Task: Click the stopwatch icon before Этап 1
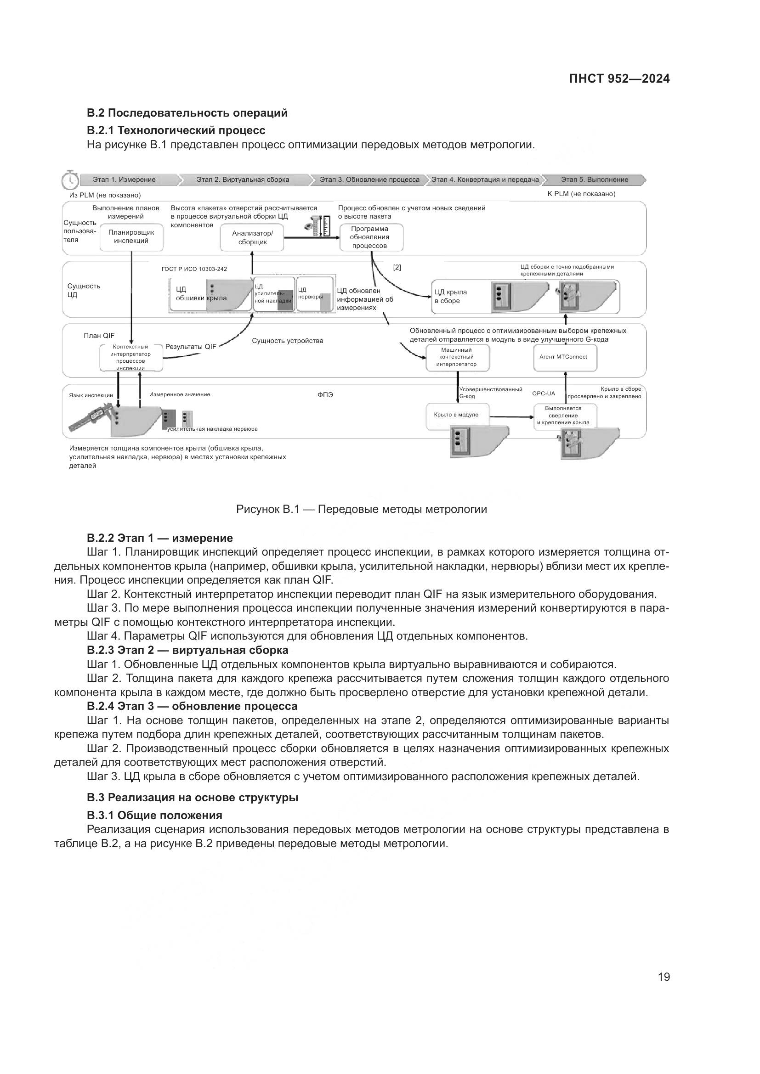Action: pos(70,179)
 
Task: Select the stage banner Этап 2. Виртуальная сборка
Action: pos(243,180)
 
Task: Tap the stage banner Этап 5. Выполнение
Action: pos(594,180)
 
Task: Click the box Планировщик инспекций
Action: pos(131,236)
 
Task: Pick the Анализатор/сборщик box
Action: pos(252,238)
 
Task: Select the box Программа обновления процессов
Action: pos(371,237)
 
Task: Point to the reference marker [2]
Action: pos(397,268)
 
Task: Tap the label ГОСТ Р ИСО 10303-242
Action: pos(194,269)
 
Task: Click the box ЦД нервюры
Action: pos(315,294)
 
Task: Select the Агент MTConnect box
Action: pos(565,357)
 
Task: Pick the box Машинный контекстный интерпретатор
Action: pos(457,357)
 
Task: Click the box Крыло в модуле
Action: pos(457,415)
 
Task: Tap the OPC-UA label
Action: pos(543,394)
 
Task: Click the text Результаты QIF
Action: pos(191,347)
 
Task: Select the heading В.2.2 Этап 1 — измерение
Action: pos(159,538)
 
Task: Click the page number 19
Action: pos(664,977)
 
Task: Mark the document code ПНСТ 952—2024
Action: pos(618,79)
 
